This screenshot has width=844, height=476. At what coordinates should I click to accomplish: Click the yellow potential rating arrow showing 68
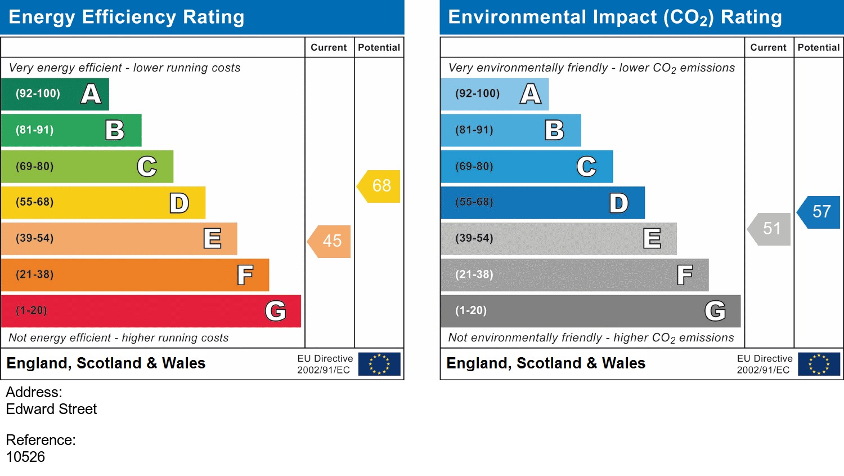[x=380, y=186]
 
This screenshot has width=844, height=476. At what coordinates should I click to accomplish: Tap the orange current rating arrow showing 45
[x=331, y=241]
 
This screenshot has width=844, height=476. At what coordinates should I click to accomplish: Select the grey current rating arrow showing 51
[x=770, y=229]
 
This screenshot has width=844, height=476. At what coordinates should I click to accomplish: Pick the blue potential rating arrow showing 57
[x=820, y=212]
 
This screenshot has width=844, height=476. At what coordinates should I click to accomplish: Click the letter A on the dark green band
[x=91, y=94]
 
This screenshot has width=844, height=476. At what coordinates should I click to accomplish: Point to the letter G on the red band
[x=275, y=311]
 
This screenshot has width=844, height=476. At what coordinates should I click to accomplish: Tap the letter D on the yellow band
[x=179, y=203]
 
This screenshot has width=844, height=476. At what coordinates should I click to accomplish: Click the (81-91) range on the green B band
[x=35, y=130]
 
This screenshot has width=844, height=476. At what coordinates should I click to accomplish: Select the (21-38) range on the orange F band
[x=35, y=275]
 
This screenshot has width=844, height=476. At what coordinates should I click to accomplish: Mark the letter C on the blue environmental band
[x=586, y=167]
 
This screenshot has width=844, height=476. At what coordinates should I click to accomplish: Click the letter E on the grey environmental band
[x=652, y=239]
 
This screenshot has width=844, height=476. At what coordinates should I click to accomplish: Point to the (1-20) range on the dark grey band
[x=471, y=310]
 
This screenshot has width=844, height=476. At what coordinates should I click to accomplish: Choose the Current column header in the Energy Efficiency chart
[x=329, y=48]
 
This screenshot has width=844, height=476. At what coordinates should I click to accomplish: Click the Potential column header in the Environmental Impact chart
[x=818, y=48]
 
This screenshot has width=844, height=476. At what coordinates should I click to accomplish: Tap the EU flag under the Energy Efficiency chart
[x=379, y=364]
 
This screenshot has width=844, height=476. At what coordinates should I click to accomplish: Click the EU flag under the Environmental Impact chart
[x=819, y=364]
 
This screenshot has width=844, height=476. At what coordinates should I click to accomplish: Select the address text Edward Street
[x=51, y=410]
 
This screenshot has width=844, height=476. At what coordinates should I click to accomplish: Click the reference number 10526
[x=25, y=457]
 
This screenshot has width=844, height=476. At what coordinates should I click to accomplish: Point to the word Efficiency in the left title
[x=129, y=17]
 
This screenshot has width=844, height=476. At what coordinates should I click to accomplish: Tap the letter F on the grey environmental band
[x=684, y=275]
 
